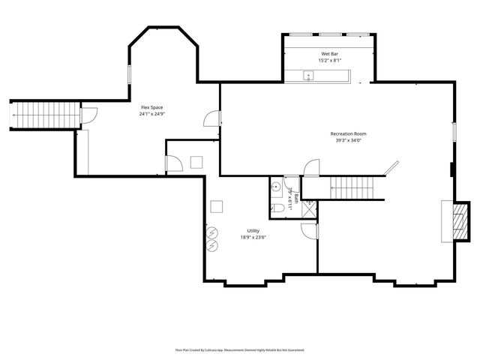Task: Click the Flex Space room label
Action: click(x=151, y=108)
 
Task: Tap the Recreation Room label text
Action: click(x=348, y=133)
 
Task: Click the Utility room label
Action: click(x=254, y=230)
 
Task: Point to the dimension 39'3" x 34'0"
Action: click(x=348, y=140)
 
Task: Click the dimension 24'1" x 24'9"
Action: click(x=151, y=115)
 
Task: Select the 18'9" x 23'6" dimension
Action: click(x=254, y=237)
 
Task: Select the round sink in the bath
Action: click(x=276, y=187)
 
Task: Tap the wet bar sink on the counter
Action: click(x=307, y=75)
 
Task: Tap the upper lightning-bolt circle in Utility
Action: click(x=211, y=232)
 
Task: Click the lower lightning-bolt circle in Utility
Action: click(x=211, y=245)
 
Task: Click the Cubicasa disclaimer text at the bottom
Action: click(x=239, y=349)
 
